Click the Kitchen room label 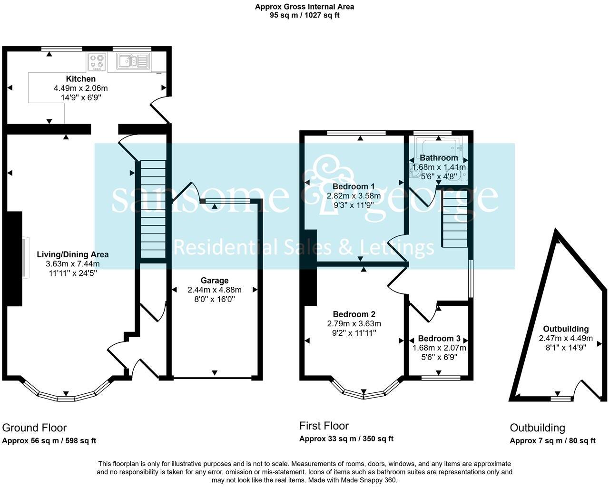click(81, 78)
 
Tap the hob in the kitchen click(97, 62)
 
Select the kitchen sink click(133, 61)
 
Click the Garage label click(215, 280)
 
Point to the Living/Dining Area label click(73, 254)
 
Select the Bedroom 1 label click(354, 186)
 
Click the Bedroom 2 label click(354, 314)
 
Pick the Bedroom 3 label click(439, 339)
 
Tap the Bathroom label click(439, 157)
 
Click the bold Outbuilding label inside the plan click(565, 329)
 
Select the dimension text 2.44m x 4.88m click(215, 290)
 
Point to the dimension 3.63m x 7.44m click(73, 264)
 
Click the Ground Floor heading click(34, 428)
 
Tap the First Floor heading click(324, 426)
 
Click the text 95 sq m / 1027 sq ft click(304, 15)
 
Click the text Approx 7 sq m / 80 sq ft click(553, 441)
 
